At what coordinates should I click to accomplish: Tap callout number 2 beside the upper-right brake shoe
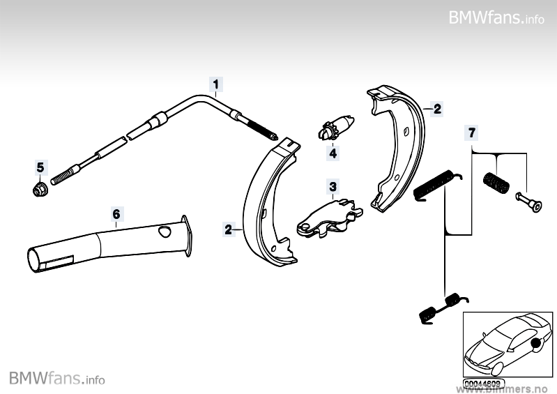coord(437,109)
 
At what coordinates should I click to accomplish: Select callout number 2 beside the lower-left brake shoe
coord(228,227)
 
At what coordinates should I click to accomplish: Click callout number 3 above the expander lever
coord(333,187)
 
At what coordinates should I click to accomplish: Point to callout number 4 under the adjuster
coord(333,153)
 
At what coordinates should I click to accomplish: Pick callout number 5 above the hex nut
coord(40,167)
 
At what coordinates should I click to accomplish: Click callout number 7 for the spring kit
coord(472,132)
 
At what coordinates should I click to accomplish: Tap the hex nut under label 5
coord(40,188)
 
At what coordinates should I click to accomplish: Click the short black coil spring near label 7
coord(496,183)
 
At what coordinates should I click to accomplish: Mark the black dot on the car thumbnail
coord(535,342)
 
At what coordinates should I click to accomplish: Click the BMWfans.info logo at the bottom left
coord(57,379)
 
